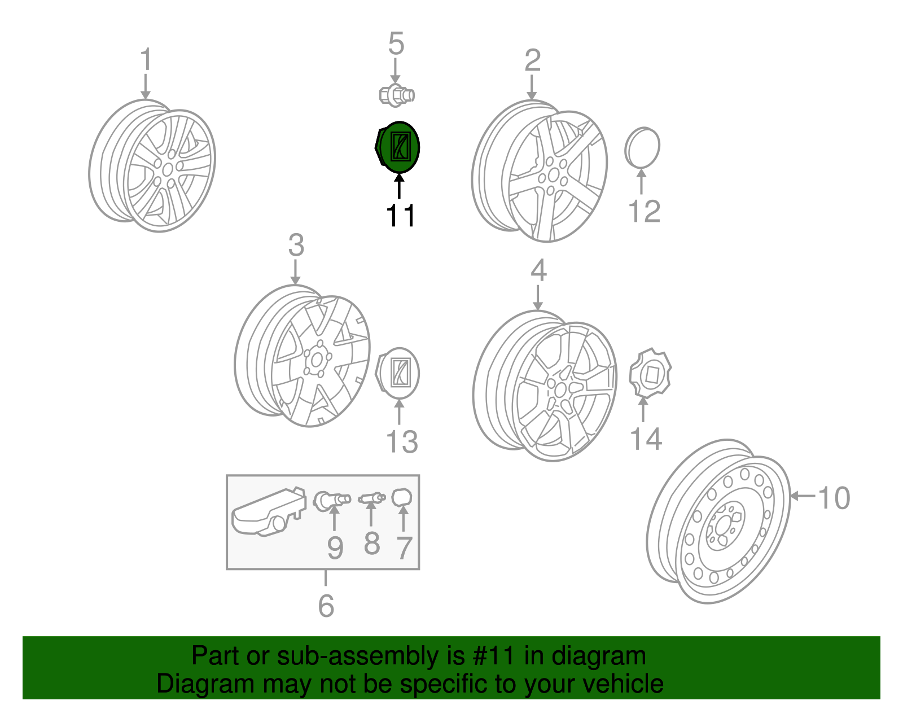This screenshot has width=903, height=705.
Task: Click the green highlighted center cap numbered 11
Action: click(x=398, y=147)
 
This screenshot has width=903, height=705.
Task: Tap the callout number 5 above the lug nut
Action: click(x=396, y=43)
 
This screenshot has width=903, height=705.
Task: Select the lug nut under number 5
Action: click(x=397, y=95)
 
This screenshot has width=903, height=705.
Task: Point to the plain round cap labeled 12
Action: click(x=642, y=147)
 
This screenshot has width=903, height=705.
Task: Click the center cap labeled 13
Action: click(x=398, y=373)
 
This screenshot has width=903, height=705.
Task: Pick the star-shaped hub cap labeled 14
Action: click(x=650, y=374)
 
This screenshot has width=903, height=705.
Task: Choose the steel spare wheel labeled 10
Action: click(x=718, y=522)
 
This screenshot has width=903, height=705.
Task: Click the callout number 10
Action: click(x=834, y=498)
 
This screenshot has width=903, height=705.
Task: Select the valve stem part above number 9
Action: click(x=332, y=501)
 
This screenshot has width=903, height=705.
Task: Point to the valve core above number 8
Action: click(x=372, y=497)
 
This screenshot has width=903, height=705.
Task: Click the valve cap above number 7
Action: click(x=402, y=498)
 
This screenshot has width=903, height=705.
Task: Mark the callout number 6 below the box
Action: click(x=326, y=606)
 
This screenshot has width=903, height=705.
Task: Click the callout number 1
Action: click(x=146, y=59)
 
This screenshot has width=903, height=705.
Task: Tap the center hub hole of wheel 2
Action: click(x=554, y=175)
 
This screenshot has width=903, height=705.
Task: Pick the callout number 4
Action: click(x=538, y=270)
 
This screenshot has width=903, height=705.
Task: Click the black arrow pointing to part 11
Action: click(x=399, y=186)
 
